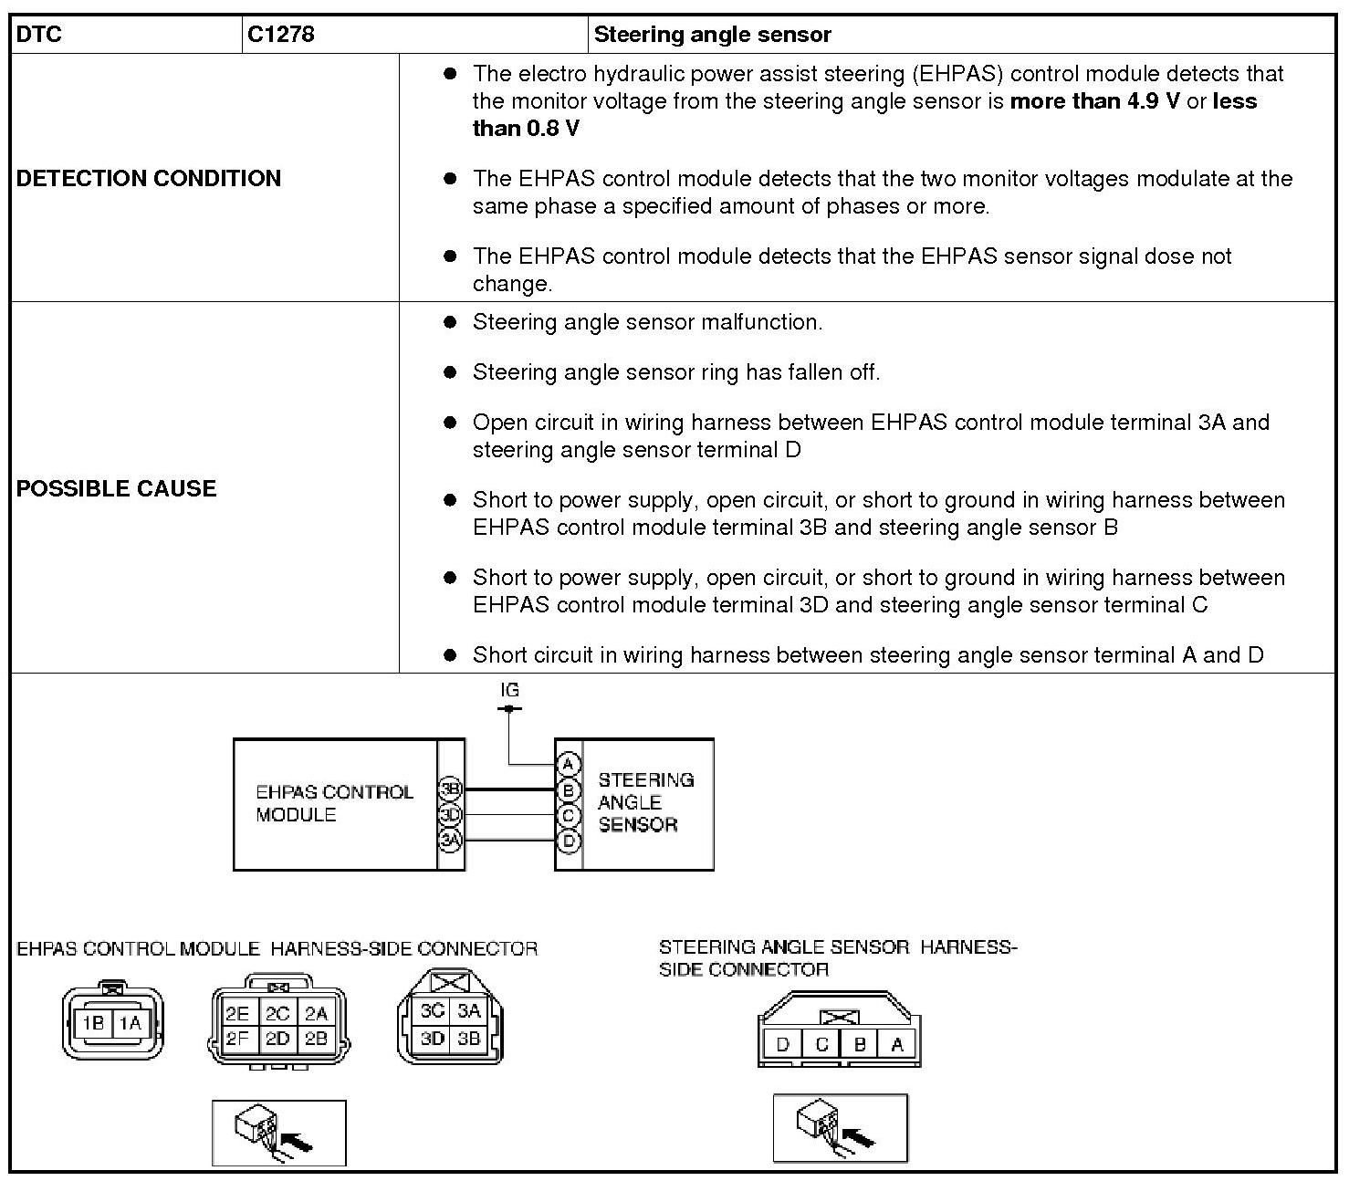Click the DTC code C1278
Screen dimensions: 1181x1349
pyautogui.click(x=281, y=35)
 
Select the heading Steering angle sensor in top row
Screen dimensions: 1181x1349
pyautogui.click(x=712, y=35)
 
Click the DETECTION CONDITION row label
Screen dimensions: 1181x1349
pyautogui.click(x=149, y=178)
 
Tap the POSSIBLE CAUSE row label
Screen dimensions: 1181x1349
pyautogui.click(x=117, y=488)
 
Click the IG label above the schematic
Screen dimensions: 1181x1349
pyautogui.click(x=509, y=690)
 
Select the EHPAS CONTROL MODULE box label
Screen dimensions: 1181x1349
pyautogui.click(x=334, y=803)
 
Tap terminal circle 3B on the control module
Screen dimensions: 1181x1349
pyautogui.click(x=450, y=789)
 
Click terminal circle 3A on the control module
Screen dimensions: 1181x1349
pyautogui.click(x=450, y=840)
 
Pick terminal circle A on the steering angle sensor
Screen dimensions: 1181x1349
pyautogui.click(x=569, y=764)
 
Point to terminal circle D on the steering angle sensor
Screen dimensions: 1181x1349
pyautogui.click(x=569, y=840)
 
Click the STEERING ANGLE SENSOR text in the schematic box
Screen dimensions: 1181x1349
pyautogui.click(x=645, y=802)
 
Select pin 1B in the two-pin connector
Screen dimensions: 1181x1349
pyautogui.click(x=93, y=1024)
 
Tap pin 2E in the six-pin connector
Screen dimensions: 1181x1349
pyautogui.click(x=237, y=1014)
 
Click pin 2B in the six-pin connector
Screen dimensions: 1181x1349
pyautogui.click(x=316, y=1039)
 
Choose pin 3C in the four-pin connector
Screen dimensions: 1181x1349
pyautogui.click(x=433, y=1011)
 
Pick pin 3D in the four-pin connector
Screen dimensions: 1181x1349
pyautogui.click(x=433, y=1039)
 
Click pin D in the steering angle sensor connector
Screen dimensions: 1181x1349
pyautogui.click(x=781, y=1045)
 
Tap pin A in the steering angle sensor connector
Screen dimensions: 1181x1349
pyautogui.click(x=897, y=1045)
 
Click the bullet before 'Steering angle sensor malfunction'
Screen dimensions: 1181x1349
pyautogui.click(x=449, y=322)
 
